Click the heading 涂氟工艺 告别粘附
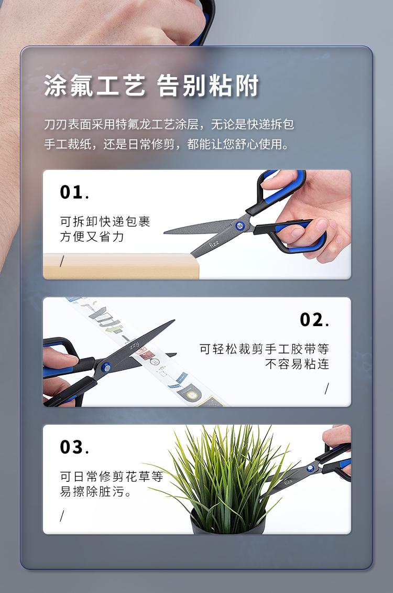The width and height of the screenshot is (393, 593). pos(151,85)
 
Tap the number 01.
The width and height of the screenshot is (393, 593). pos(74,192)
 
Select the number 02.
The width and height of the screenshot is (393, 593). pos(314,320)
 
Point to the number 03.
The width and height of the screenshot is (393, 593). pos(74,447)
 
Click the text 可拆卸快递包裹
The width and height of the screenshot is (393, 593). pos(105,222)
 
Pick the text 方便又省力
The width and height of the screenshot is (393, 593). pos(92,237)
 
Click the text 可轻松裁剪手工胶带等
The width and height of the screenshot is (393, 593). pos(264,349)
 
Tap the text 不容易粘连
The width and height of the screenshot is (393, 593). pos(297,364)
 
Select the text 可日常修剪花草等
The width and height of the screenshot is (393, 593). pos(112,477)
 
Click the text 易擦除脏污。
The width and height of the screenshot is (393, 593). pos(96,492)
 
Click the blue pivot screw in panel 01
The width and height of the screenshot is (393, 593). pos(239,226)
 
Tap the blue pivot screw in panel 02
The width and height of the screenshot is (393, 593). pos(106,367)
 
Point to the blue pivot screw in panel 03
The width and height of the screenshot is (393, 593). pos(310,468)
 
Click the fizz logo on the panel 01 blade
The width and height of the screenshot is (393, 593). pos(214,245)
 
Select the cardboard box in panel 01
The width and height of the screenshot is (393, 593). pos(121,266)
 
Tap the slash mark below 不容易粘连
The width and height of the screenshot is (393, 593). pos(327,389)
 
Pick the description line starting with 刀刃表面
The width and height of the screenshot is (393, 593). pos(169,124)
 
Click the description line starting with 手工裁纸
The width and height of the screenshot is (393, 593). pos(167,144)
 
